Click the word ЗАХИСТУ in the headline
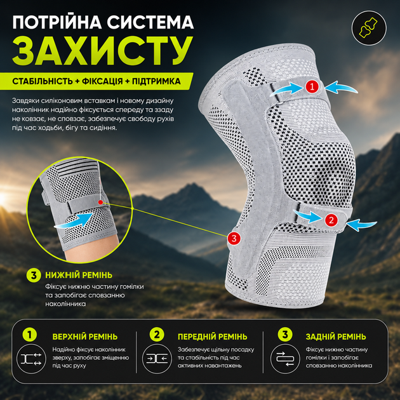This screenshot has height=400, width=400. [x=102, y=51]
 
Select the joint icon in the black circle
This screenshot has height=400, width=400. [x=369, y=28]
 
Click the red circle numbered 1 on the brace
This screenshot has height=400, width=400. [x=312, y=87]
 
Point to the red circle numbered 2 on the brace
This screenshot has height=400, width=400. [x=331, y=220]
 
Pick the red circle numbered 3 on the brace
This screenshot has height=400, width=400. [x=234, y=238]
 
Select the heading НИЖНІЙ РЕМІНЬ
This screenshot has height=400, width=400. [x=79, y=275]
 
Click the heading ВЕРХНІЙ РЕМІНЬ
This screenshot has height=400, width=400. [x=85, y=337]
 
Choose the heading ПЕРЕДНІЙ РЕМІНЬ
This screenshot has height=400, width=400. [x=213, y=337]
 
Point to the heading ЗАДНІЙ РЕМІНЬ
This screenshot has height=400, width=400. [x=336, y=337]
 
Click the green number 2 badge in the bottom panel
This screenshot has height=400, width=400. [x=157, y=335]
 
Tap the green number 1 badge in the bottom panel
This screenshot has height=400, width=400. [x=30, y=335]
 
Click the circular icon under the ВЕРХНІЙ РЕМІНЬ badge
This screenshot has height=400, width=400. [x=31, y=359]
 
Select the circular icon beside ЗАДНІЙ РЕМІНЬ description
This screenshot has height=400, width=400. [x=285, y=359]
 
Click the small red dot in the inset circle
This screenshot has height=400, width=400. [x=100, y=203]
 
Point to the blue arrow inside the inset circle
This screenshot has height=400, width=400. [x=74, y=221]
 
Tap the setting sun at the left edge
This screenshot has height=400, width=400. [x=3, y=199]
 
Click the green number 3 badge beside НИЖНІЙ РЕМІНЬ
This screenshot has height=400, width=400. [x=34, y=276]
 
